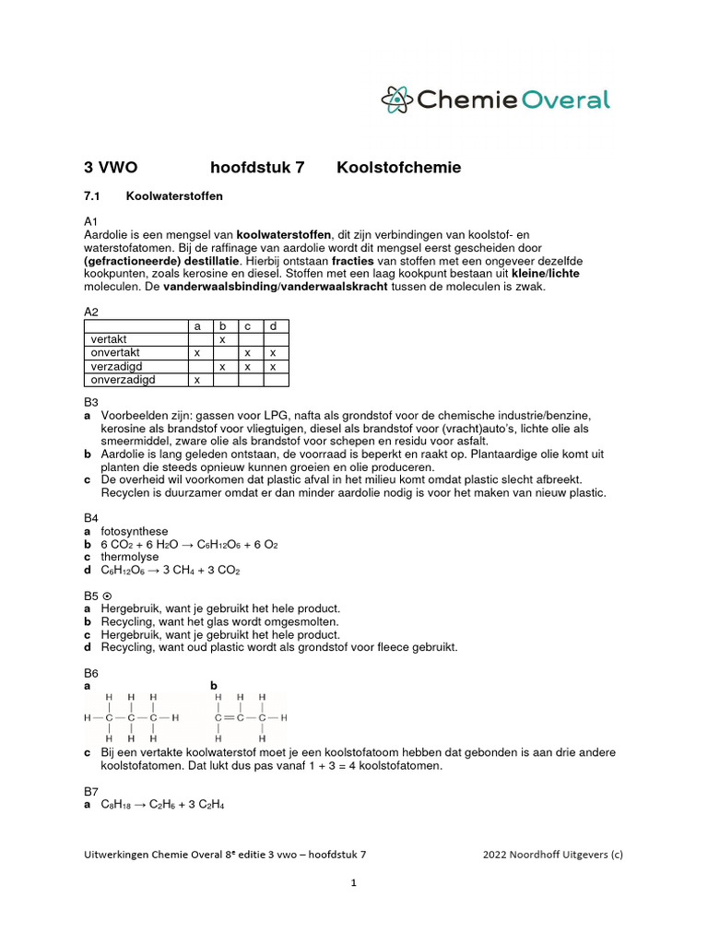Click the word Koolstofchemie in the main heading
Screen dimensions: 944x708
[398, 168]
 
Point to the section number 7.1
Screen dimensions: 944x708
[96, 196]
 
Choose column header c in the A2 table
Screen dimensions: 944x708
[247, 326]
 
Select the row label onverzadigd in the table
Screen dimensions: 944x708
[123, 379]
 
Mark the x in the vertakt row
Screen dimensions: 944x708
[222, 340]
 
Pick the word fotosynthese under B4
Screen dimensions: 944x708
[135, 532]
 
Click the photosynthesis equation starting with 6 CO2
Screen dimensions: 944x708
[189, 545]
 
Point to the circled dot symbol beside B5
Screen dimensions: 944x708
[107, 596]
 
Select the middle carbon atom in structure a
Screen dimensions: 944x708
[132, 717]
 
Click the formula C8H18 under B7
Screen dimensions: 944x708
[116, 805]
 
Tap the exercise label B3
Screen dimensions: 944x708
[91, 402]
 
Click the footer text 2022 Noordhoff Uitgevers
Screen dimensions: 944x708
[552, 855]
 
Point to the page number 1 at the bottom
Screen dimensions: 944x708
[353, 882]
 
